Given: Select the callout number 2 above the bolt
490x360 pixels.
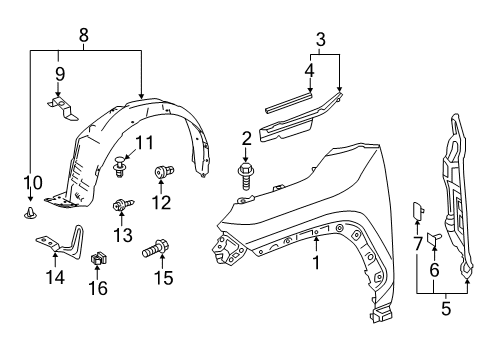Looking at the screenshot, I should pos(245,138).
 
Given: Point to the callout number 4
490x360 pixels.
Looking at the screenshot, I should pos(310,70).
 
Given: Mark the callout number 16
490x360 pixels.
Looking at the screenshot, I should pos(97,288).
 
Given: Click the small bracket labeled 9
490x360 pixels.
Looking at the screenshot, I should pos(61,106).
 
